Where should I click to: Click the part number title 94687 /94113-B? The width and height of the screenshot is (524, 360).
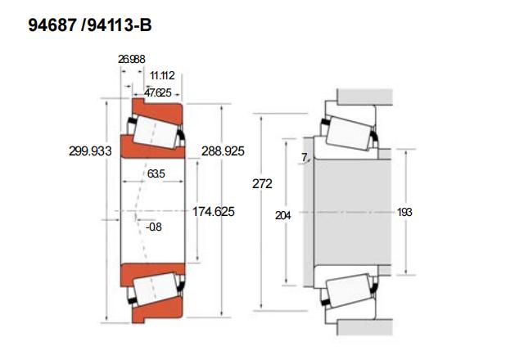pos(90,25)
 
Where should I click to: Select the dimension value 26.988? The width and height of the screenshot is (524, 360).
pos(131,59)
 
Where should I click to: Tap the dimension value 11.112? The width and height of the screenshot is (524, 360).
pos(162,75)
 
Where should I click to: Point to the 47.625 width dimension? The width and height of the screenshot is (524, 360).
pos(158,92)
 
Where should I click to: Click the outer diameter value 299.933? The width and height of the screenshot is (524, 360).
pos(90,151)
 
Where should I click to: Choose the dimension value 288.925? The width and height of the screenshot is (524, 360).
pos(223,151)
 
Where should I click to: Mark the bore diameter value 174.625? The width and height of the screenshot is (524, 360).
pos(213,211)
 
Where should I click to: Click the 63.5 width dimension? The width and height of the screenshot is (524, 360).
pos(156,173)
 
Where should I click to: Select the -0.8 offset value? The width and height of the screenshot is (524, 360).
pos(154,227)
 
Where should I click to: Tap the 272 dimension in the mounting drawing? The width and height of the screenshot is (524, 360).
pos(262,183)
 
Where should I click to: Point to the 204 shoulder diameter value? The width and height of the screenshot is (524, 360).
pos(282,215)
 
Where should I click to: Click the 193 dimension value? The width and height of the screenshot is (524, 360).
pos(404,212)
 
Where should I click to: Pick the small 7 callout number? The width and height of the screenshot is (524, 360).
pos(304,157)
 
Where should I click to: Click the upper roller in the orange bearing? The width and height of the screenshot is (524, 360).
pos(155,133)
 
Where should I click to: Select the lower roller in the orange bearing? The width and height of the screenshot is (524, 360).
pos(155,289)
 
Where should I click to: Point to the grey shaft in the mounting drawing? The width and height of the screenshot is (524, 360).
pos(353,212)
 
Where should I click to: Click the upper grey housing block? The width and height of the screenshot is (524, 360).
pos(365,97)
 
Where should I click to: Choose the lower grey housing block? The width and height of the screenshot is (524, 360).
pos(365,327)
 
